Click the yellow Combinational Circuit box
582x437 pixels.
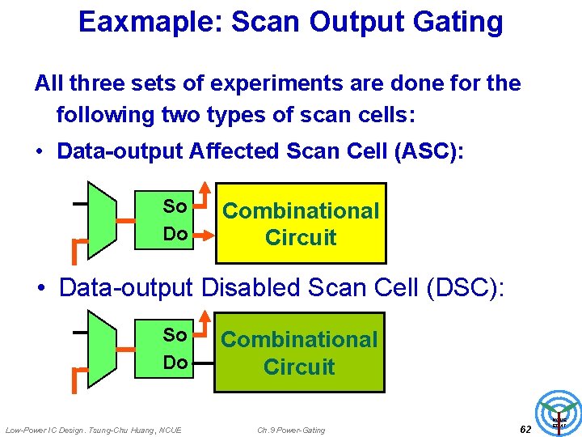(x=301, y=223)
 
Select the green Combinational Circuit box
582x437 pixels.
(x=299, y=352)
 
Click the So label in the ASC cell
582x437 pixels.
(x=175, y=206)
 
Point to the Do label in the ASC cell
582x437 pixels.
(x=175, y=234)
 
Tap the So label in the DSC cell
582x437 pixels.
(x=175, y=335)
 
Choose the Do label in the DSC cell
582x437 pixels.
(x=175, y=362)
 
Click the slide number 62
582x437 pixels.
(x=525, y=429)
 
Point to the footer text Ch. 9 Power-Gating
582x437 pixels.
(x=291, y=430)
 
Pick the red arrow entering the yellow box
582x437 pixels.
(x=207, y=234)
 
